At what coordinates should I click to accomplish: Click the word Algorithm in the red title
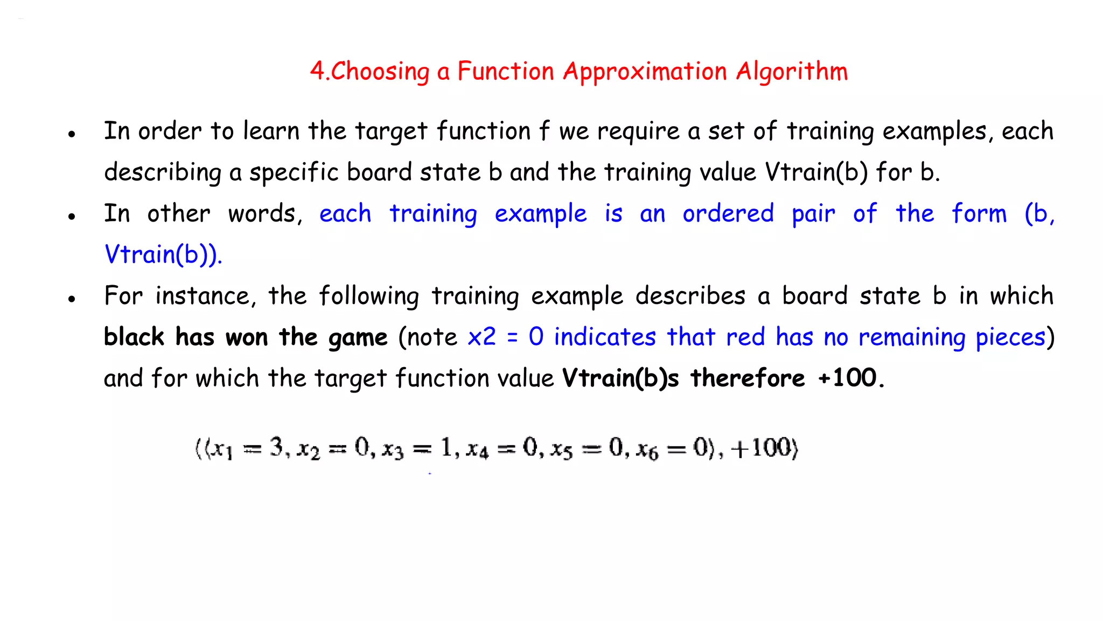[792, 72]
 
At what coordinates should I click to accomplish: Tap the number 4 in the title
[317, 71]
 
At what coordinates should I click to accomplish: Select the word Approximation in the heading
[645, 72]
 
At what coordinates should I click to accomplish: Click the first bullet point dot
[72, 134]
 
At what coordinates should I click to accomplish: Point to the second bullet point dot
[72, 216]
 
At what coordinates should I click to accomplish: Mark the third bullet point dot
[72, 299]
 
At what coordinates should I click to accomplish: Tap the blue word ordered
[728, 213]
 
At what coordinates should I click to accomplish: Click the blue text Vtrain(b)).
[163, 254]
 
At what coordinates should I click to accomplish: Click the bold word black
[134, 337]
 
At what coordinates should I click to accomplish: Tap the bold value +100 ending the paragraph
[848, 378]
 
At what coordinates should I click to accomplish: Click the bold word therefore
[748, 378]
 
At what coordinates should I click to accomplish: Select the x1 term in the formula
[221, 449]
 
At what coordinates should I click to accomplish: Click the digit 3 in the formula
[276, 447]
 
